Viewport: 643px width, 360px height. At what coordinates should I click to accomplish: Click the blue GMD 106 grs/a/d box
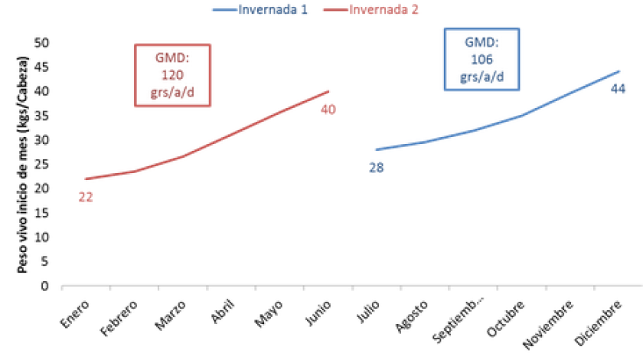pos(481,58)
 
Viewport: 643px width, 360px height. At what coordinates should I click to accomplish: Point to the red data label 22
pos(86,198)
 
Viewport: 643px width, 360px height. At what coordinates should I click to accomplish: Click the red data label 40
pos(328,110)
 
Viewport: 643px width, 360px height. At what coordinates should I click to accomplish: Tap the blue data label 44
pos(619,89)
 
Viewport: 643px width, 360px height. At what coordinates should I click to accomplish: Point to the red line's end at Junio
pos(328,91)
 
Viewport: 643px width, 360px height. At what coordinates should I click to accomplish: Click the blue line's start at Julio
pos(377,149)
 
